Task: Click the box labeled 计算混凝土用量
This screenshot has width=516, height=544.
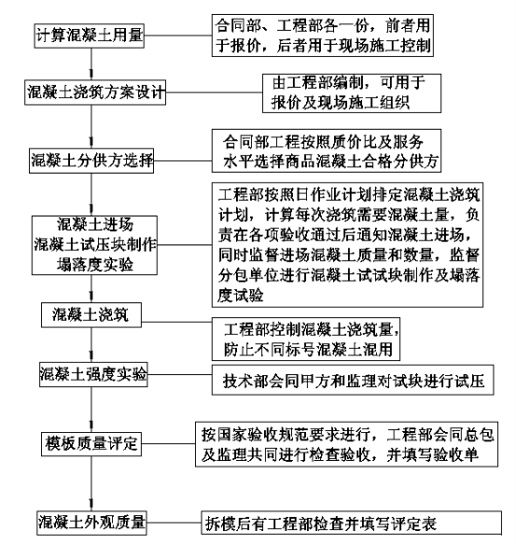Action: tap(90, 35)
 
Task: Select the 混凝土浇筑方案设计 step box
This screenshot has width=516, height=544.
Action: tap(95, 92)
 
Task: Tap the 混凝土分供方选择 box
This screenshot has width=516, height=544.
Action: tap(91, 160)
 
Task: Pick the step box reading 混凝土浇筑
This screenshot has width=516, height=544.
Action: tap(91, 314)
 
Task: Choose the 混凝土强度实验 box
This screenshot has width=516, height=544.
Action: tap(93, 374)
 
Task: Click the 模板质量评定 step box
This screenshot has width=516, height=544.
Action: tap(91, 444)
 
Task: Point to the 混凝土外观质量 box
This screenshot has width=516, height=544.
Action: tap(91, 523)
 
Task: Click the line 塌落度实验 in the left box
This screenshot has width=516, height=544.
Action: tap(95, 265)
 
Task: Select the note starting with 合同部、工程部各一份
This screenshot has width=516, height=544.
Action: tap(323, 35)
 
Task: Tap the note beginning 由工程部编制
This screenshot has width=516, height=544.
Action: tap(352, 93)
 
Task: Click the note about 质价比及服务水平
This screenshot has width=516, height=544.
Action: tap(327, 150)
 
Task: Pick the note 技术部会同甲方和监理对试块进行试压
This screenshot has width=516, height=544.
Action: tap(353, 380)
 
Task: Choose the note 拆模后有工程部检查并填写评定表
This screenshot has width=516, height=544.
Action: tap(351, 523)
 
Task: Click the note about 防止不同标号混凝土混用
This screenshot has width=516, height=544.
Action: tap(306, 339)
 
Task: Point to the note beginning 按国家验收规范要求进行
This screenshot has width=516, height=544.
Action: tap(346, 444)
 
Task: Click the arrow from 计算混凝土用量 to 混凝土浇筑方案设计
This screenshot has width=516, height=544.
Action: tap(91, 64)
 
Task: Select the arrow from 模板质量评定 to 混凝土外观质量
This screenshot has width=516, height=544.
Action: tap(91, 483)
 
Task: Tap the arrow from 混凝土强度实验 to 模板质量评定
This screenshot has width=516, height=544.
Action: tap(91, 410)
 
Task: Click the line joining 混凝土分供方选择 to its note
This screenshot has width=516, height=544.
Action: tap(183, 160)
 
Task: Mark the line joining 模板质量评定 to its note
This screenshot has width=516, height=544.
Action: tap(168, 444)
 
